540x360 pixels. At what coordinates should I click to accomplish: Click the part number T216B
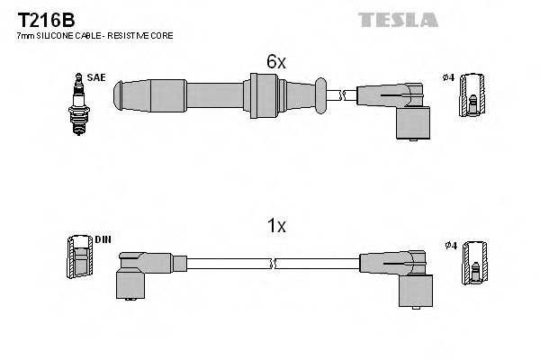[40, 17]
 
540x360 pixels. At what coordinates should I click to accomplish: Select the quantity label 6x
[275, 62]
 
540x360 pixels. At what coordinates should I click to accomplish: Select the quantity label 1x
[275, 227]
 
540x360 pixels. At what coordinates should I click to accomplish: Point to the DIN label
[103, 239]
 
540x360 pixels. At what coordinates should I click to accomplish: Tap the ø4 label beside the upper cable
[450, 78]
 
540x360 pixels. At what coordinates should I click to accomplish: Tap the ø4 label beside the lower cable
[450, 244]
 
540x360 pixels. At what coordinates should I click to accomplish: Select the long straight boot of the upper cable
[216, 94]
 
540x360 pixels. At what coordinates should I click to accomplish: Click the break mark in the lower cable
[274, 264]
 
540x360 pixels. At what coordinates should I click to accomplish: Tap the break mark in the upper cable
[339, 93]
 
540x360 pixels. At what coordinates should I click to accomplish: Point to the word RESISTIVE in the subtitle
[135, 35]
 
